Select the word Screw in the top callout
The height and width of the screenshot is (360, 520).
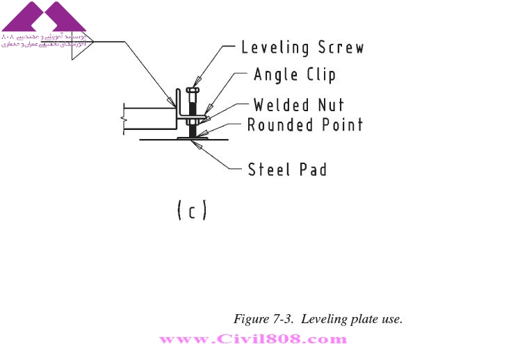point(341,48)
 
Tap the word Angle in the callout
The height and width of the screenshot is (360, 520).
point(275,75)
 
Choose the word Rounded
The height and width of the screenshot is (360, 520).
point(280,125)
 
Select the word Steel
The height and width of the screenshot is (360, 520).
point(268,169)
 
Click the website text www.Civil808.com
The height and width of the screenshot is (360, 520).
point(253,340)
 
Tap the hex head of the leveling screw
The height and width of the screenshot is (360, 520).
point(193,90)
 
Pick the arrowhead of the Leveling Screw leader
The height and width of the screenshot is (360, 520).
point(197,81)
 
